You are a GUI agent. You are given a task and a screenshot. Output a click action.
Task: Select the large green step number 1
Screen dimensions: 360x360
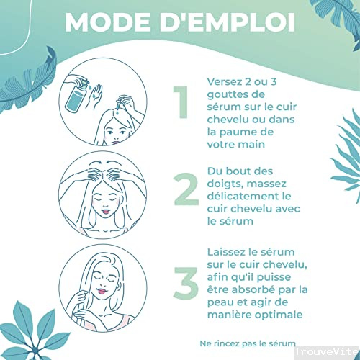[x=181, y=102]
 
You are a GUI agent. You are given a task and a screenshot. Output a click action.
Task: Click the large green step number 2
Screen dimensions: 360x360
[x=186, y=189]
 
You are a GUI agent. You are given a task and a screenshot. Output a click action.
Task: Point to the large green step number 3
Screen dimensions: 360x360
[x=186, y=283]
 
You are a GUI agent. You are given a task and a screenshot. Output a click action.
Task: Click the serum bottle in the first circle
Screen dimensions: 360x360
[x=76, y=96]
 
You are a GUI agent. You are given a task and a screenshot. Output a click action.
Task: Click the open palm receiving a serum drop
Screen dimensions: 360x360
[x=96, y=96]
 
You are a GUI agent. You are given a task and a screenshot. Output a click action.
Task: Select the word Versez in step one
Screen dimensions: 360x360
[x=225, y=82]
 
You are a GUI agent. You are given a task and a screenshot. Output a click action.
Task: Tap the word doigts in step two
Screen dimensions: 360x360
[x=225, y=184]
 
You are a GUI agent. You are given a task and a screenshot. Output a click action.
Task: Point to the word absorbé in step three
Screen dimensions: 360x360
[x=253, y=289]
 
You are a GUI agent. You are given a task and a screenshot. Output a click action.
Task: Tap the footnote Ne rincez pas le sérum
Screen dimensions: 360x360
[x=248, y=343]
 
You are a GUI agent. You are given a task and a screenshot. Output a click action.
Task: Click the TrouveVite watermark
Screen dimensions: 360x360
[x=327, y=352]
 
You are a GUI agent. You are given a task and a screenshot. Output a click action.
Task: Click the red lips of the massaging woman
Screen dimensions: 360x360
[x=106, y=212]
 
